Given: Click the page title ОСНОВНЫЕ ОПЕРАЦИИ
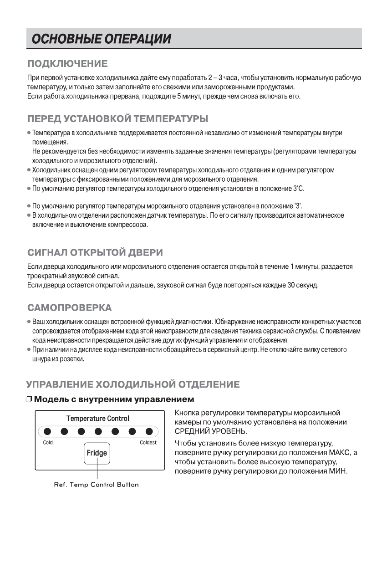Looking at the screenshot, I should (x=101, y=39).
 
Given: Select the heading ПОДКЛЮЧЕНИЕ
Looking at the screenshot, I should (x=67, y=63).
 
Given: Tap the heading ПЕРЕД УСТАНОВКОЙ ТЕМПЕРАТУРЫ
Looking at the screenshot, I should (x=117, y=119).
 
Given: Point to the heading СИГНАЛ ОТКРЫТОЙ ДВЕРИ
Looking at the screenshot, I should (x=95, y=252).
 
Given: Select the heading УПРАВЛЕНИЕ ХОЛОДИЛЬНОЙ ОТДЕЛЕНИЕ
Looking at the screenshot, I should (x=132, y=384).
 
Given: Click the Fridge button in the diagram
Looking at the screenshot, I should (x=97, y=453).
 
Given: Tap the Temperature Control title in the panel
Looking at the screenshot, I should (x=97, y=418).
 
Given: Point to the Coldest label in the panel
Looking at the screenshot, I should (x=148, y=442).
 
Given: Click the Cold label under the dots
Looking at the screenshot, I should (x=48, y=442).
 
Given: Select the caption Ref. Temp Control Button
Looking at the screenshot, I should (x=96, y=485).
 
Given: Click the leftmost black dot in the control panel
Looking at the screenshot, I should (x=46, y=431).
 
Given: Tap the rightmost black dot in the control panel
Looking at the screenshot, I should (x=149, y=431).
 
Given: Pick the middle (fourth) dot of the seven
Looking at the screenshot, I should (x=97, y=431).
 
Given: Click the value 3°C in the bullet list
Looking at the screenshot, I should (x=298, y=189).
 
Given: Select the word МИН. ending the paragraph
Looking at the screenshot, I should (x=338, y=471).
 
